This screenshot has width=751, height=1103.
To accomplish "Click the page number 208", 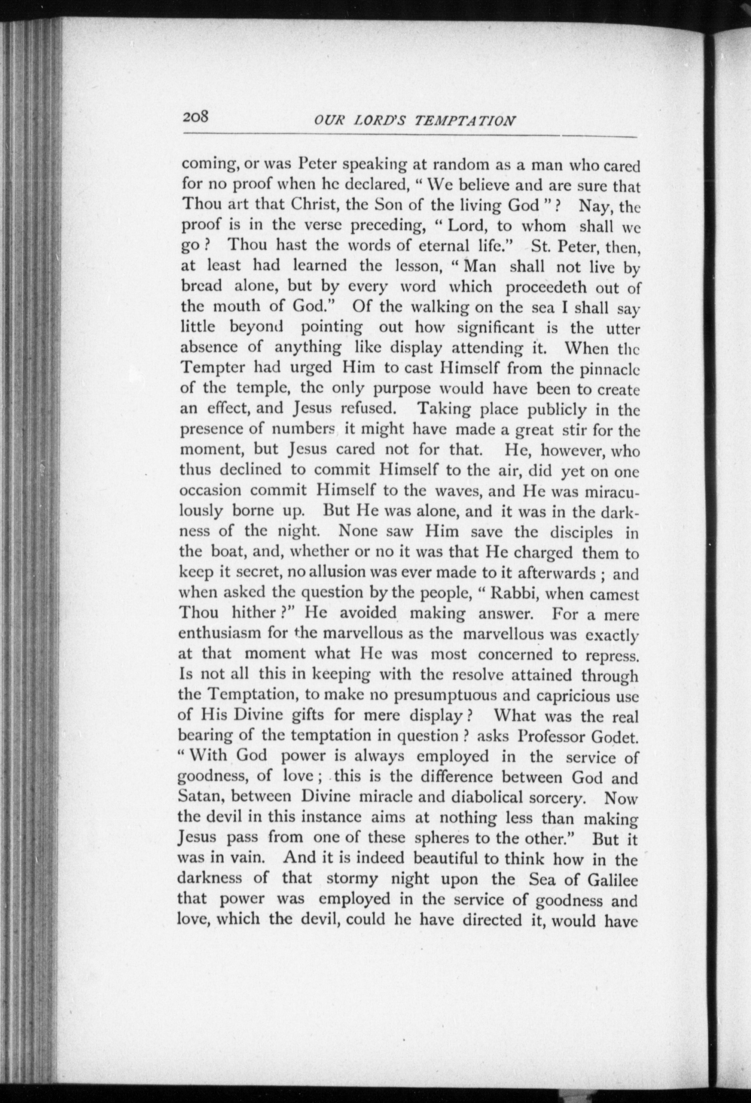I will (x=196, y=117).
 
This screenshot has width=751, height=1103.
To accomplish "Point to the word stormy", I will (x=352, y=879).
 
